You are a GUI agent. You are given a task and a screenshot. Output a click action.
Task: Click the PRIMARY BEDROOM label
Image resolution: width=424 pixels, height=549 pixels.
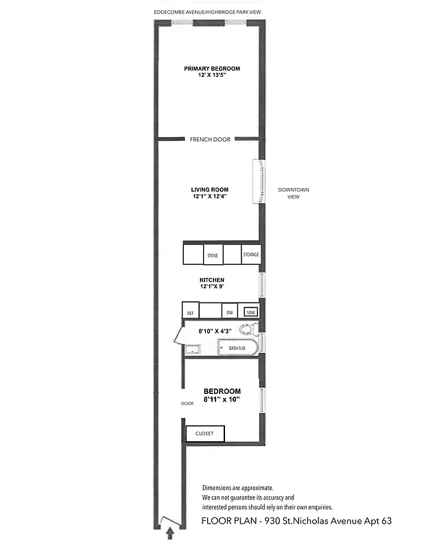[x=212, y=68]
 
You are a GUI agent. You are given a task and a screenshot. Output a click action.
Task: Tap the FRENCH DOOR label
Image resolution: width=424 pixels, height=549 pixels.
[x=210, y=139]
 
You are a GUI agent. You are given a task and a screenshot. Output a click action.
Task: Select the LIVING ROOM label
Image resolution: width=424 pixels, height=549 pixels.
[x=210, y=189]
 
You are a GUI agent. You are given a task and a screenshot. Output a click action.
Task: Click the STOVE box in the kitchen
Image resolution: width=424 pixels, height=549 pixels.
[x=213, y=255]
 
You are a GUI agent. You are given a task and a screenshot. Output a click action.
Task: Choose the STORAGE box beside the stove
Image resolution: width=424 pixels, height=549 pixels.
[x=250, y=255]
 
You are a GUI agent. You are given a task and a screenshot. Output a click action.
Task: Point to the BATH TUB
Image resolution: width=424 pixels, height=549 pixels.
[x=237, y=348]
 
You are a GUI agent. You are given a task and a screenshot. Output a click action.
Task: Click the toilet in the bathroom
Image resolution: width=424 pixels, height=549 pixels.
[x=248, y=329]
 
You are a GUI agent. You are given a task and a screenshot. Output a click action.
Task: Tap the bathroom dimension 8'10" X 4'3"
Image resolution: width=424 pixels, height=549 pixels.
[x=215, y=331]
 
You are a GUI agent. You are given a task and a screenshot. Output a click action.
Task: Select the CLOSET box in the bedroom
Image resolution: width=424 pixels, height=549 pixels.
[x=205, y=434]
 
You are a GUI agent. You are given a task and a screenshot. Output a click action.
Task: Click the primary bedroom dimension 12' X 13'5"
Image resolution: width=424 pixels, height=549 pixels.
[x=212, y=75]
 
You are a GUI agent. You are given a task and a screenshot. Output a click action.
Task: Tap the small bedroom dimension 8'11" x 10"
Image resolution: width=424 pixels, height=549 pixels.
[x=222, y=399]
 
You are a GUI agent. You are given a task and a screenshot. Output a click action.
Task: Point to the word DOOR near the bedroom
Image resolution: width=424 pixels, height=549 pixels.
[x=188, y=404]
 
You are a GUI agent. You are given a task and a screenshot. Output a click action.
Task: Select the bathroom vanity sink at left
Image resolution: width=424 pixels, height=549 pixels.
[x=192, y=350]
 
